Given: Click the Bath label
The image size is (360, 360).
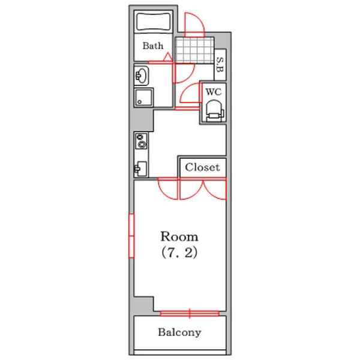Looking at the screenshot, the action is pyautogui.click(x=153, y=46).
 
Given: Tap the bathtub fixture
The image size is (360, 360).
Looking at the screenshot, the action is pyautogui.click(x=154, y=22).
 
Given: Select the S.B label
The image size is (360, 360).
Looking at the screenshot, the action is pyautogui.click(x=220, y=65).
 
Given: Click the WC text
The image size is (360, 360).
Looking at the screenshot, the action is pyautogui.click(x=214, y=92).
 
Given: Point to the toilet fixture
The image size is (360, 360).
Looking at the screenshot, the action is pyautogui.click(x=215, y=110).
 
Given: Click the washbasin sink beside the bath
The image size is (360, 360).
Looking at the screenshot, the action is pyautogui.click(x=142, y=76).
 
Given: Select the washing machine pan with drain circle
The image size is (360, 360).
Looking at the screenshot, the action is pyautogui.click(x=144, y=97).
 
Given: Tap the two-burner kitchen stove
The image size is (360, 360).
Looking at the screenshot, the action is pyautogui.click(x=141, y=141).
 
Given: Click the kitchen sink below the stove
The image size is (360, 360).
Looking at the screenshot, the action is pyautogui.click(x=140, y=169).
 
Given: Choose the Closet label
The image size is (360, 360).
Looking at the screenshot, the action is pyautogui.click(x=202, y=167).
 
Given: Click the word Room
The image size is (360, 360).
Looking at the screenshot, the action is pyautogui.click(x=179, y=236).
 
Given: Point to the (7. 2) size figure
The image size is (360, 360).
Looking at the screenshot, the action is pyautogui.click(x=179, y=253).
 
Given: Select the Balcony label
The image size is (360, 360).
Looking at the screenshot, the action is pyautogui.click(x=179, y=332).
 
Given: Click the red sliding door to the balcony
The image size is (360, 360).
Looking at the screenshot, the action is pyautogui.click(x=190, y=313).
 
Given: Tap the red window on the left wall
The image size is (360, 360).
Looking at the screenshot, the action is pyautogui.click(x=131, y=236).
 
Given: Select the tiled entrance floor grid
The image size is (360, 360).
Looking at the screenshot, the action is pyautogui.click(x=194, y=50).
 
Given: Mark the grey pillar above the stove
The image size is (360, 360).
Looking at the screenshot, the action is pyautogui.click(x=142, y=120).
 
